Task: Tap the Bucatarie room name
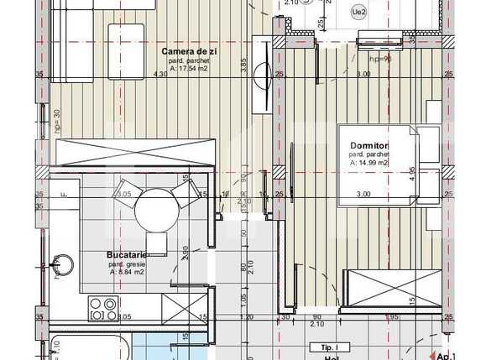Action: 128,254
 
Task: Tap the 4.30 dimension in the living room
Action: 160,75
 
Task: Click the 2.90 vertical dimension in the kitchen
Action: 183,251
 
